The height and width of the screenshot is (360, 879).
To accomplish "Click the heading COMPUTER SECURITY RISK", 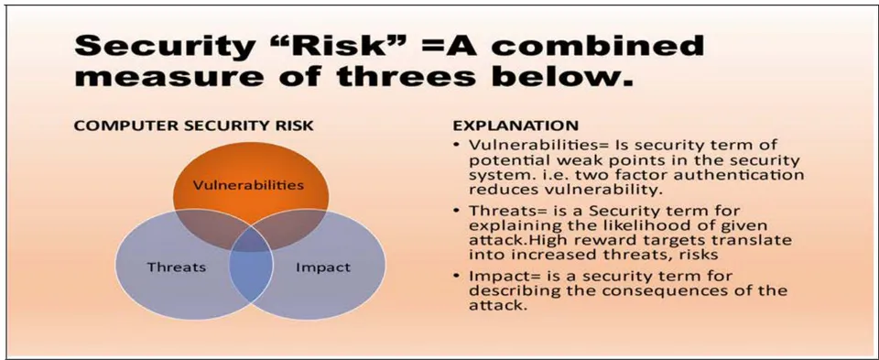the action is tap(194, 125).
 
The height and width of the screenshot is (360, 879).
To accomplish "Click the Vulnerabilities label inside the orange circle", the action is tap(248, 184).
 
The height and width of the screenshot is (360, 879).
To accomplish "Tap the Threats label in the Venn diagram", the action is tap(177, 267).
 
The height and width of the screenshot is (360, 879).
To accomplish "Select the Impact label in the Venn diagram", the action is tap(323, 267).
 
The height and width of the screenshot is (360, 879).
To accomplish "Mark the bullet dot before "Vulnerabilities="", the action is tap(457, 146).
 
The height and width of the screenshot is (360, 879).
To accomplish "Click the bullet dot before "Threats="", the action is tap(457, 212).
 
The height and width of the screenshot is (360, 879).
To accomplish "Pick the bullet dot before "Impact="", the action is tap(457, 277).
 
